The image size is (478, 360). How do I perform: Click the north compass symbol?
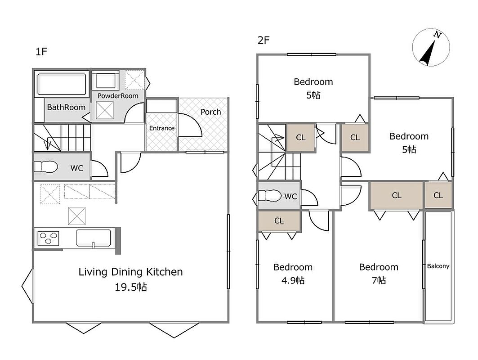click(x=431, y=48)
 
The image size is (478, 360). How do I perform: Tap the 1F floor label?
click(x=41, y=52)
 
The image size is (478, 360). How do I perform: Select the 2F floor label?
click(x=264, y=40)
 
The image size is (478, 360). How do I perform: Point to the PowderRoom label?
click(x=118, y=96)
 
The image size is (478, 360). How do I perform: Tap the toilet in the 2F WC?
click(x=269, y=196)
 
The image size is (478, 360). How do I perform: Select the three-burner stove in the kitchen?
click(x=48, y=238)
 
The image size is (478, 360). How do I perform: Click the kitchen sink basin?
click(x=94, y=238)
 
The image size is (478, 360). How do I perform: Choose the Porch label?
click(x=210, y=112)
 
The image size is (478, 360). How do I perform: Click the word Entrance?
click(x=161, y=128)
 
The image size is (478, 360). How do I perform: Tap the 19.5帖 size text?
click(x=131, y=287)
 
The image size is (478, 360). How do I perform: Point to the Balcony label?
click(x=438, y=266)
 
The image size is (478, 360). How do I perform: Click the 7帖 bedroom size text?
click(x=379, y=280)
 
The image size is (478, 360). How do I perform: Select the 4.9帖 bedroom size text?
click(x=293, y=280)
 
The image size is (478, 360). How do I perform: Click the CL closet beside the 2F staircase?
click(x=300, y=138)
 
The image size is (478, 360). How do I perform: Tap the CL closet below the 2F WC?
click(x=279, y=220)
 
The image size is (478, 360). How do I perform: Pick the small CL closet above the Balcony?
click(x=438, y=195)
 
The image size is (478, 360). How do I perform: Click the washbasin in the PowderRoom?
click(x=105, y=81)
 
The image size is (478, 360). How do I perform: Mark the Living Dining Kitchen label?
click(x=131, y=272)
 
